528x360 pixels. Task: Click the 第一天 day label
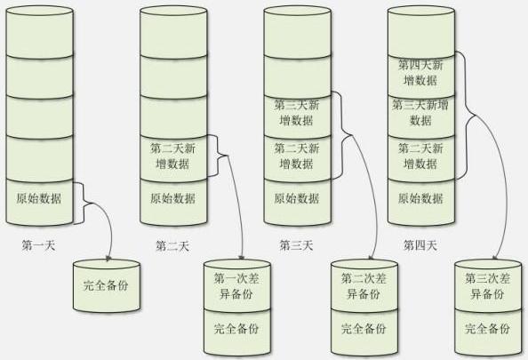pos(38,245)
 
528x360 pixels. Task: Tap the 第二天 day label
pos(172,245)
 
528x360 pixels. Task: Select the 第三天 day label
pos(297,245)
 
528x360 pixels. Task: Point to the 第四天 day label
pos(420,245)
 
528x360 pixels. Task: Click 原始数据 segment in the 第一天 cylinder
pos(38,198)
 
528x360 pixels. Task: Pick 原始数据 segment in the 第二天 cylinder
pos(172,198)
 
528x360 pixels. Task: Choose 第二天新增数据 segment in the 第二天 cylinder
pos(172,156)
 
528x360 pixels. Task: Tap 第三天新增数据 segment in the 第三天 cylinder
pos(297,114)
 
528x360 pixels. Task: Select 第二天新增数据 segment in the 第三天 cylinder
pos(297,156)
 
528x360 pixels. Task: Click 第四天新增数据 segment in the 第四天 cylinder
pos(420,72)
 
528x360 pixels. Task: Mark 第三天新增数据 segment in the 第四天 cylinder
pos(420,114)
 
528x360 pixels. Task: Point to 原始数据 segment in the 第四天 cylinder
pos(420,198)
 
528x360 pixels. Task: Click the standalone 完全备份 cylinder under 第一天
pos(106,287)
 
